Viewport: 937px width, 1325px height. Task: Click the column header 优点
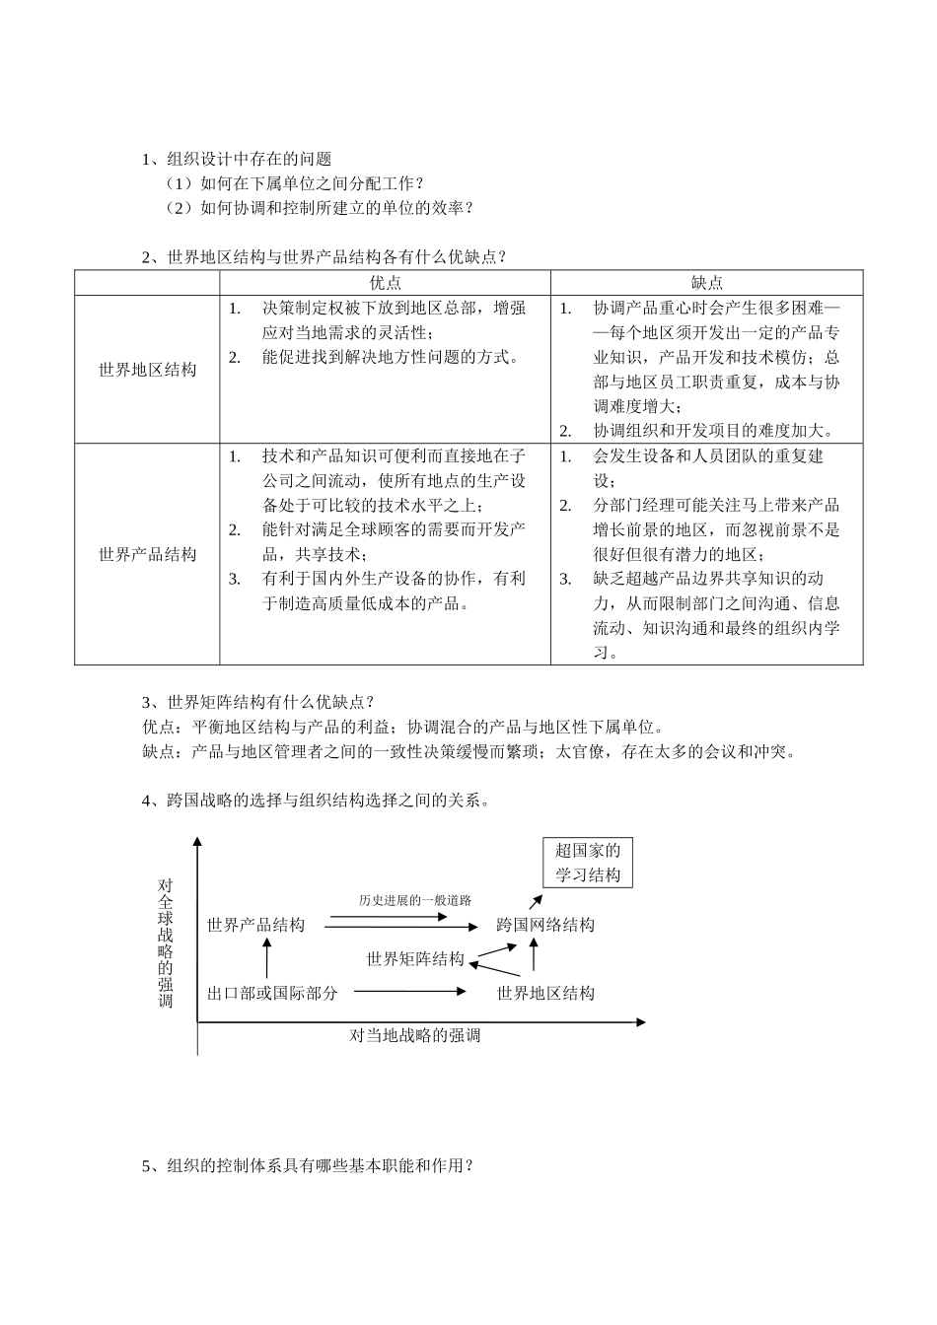point(385,283)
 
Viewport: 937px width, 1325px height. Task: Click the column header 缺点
point(706,283)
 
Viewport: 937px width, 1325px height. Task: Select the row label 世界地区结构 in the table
point(147,370)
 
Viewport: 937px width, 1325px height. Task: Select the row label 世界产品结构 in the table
point(147,554)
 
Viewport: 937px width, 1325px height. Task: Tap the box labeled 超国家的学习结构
point(588,863)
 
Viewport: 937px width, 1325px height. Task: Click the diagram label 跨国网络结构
point(545,925)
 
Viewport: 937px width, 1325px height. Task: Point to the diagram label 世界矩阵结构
point(415,959)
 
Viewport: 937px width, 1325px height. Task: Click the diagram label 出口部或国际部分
point(272,993)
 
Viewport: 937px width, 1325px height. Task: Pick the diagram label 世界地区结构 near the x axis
point(545,993)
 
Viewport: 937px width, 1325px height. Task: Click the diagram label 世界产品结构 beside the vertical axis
point(256,925)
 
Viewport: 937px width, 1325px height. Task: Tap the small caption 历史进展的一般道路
point(415,900)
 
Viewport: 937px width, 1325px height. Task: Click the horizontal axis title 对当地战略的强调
point(415,1035)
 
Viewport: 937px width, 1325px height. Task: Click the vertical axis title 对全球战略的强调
point(165,942)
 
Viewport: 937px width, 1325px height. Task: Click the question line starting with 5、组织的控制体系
point(309,1165)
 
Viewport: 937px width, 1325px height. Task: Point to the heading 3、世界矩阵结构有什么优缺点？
point(258,702)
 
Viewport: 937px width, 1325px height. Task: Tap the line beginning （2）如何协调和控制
point(321,207)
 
